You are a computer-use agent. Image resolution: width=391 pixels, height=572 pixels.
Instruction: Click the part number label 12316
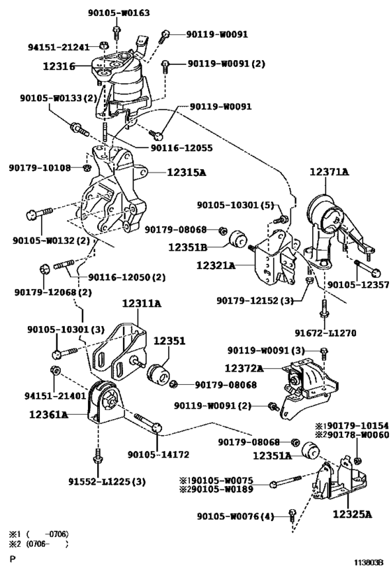(x=59, y=66)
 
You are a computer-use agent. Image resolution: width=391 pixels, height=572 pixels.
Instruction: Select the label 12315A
(x=186, y=173)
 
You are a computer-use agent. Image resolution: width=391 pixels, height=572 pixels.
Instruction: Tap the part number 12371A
(x=330, y=171)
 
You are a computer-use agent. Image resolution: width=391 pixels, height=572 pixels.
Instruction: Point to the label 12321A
(x=216, y=265)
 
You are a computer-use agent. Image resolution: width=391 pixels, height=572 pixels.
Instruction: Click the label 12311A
(x=142, y=303)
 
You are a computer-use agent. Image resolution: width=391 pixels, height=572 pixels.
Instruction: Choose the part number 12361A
(x=48, y=414)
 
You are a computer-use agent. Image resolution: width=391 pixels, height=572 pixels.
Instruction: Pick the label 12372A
(x=244, y=369)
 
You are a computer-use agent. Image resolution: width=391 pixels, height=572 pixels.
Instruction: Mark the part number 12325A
(x=352, y=514)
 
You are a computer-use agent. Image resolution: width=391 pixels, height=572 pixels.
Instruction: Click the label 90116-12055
(x=182, y=148)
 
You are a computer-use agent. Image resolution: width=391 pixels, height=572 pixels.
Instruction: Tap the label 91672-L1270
(x=325, y=332)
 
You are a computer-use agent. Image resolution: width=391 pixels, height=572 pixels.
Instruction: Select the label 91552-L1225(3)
(x=107, y=481)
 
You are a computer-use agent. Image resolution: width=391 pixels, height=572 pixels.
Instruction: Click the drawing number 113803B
(x=368, y=562)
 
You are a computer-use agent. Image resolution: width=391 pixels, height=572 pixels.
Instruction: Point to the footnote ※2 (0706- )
(x=38, y=544)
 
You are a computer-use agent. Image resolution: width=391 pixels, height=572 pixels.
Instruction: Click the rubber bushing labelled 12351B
(x=239, y=238)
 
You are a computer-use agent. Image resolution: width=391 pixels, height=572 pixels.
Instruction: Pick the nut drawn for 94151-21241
(x=103, y=45)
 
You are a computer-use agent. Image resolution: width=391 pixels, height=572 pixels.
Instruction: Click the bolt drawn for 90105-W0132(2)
(x=39, y=213)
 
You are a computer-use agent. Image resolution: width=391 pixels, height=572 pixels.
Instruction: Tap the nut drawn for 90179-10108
(x=87, y=168)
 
